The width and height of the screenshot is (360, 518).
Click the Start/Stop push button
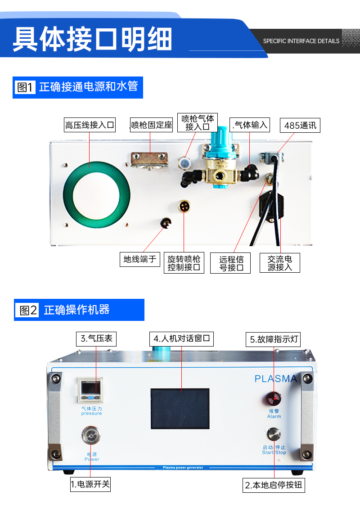pos(274,435)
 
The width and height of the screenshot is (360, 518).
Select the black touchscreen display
pos(180,409)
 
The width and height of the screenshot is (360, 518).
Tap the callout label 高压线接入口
pos(90,125)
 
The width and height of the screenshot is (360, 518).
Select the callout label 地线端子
pos(140,259)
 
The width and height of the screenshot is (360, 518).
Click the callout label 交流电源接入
pos(280,263)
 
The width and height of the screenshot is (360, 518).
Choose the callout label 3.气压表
pos(96,338)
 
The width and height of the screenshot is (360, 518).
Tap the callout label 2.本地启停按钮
pos(274,485)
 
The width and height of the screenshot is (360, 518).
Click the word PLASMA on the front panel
pos(276,378)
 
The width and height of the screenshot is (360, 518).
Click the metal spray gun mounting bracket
pos(150,160)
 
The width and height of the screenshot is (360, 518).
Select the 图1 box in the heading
pos(25,87)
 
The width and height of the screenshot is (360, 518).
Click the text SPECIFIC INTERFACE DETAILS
pos(301,41)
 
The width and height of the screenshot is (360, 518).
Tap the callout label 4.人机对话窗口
pos(182,338)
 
